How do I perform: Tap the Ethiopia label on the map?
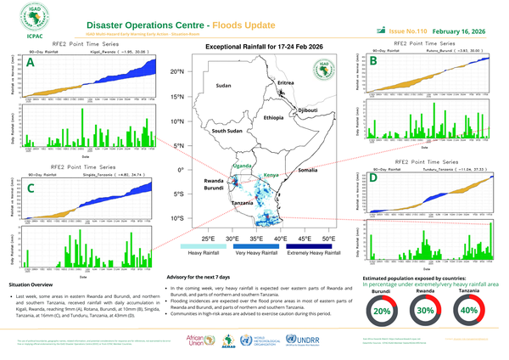pyautogui.click(x=273, y=117)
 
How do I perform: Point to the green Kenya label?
pyautogui.click(x=271, y=175)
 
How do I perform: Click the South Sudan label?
pyautogui.click(x=227, y=132)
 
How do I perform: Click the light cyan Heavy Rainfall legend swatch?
pyautogui.click(x=200, y=245)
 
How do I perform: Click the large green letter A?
pyautogui.click(x=31, y=63)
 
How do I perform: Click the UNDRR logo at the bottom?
pyautogui.click(x=308, y=339)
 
